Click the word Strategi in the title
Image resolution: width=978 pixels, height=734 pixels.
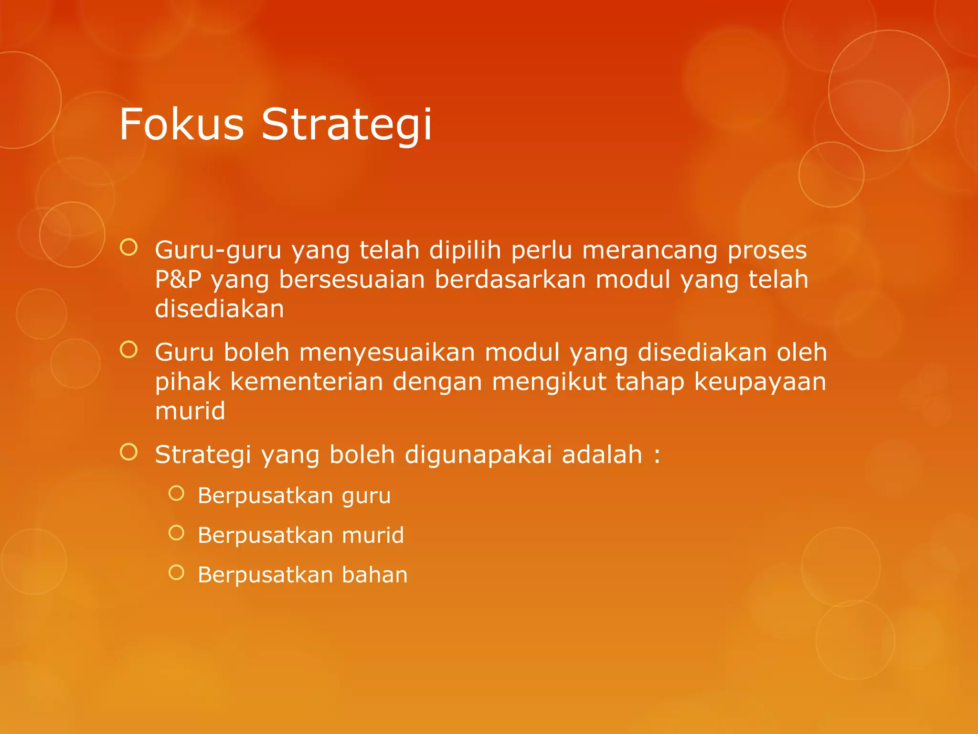coord(347,125)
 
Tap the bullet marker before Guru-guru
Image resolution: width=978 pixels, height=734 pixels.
coord(129,247)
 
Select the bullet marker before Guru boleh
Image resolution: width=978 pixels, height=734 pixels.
coord(129,349)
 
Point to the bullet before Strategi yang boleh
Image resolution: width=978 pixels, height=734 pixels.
coord(129,452)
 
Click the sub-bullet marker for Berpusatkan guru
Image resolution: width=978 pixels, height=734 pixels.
coord(176,493)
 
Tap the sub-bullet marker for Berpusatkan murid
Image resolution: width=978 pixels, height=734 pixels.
coord(176,533)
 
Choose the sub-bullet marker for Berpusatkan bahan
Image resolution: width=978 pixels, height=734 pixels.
coord(176,572)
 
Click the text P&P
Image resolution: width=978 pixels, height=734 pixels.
coord(178,280)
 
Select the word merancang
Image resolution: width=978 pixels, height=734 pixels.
coord(649,251)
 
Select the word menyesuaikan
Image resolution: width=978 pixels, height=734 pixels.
coord(387,353)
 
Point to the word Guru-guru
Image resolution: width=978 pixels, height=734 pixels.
coord(218,251)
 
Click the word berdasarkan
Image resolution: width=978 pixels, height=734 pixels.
coord(510,280)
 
